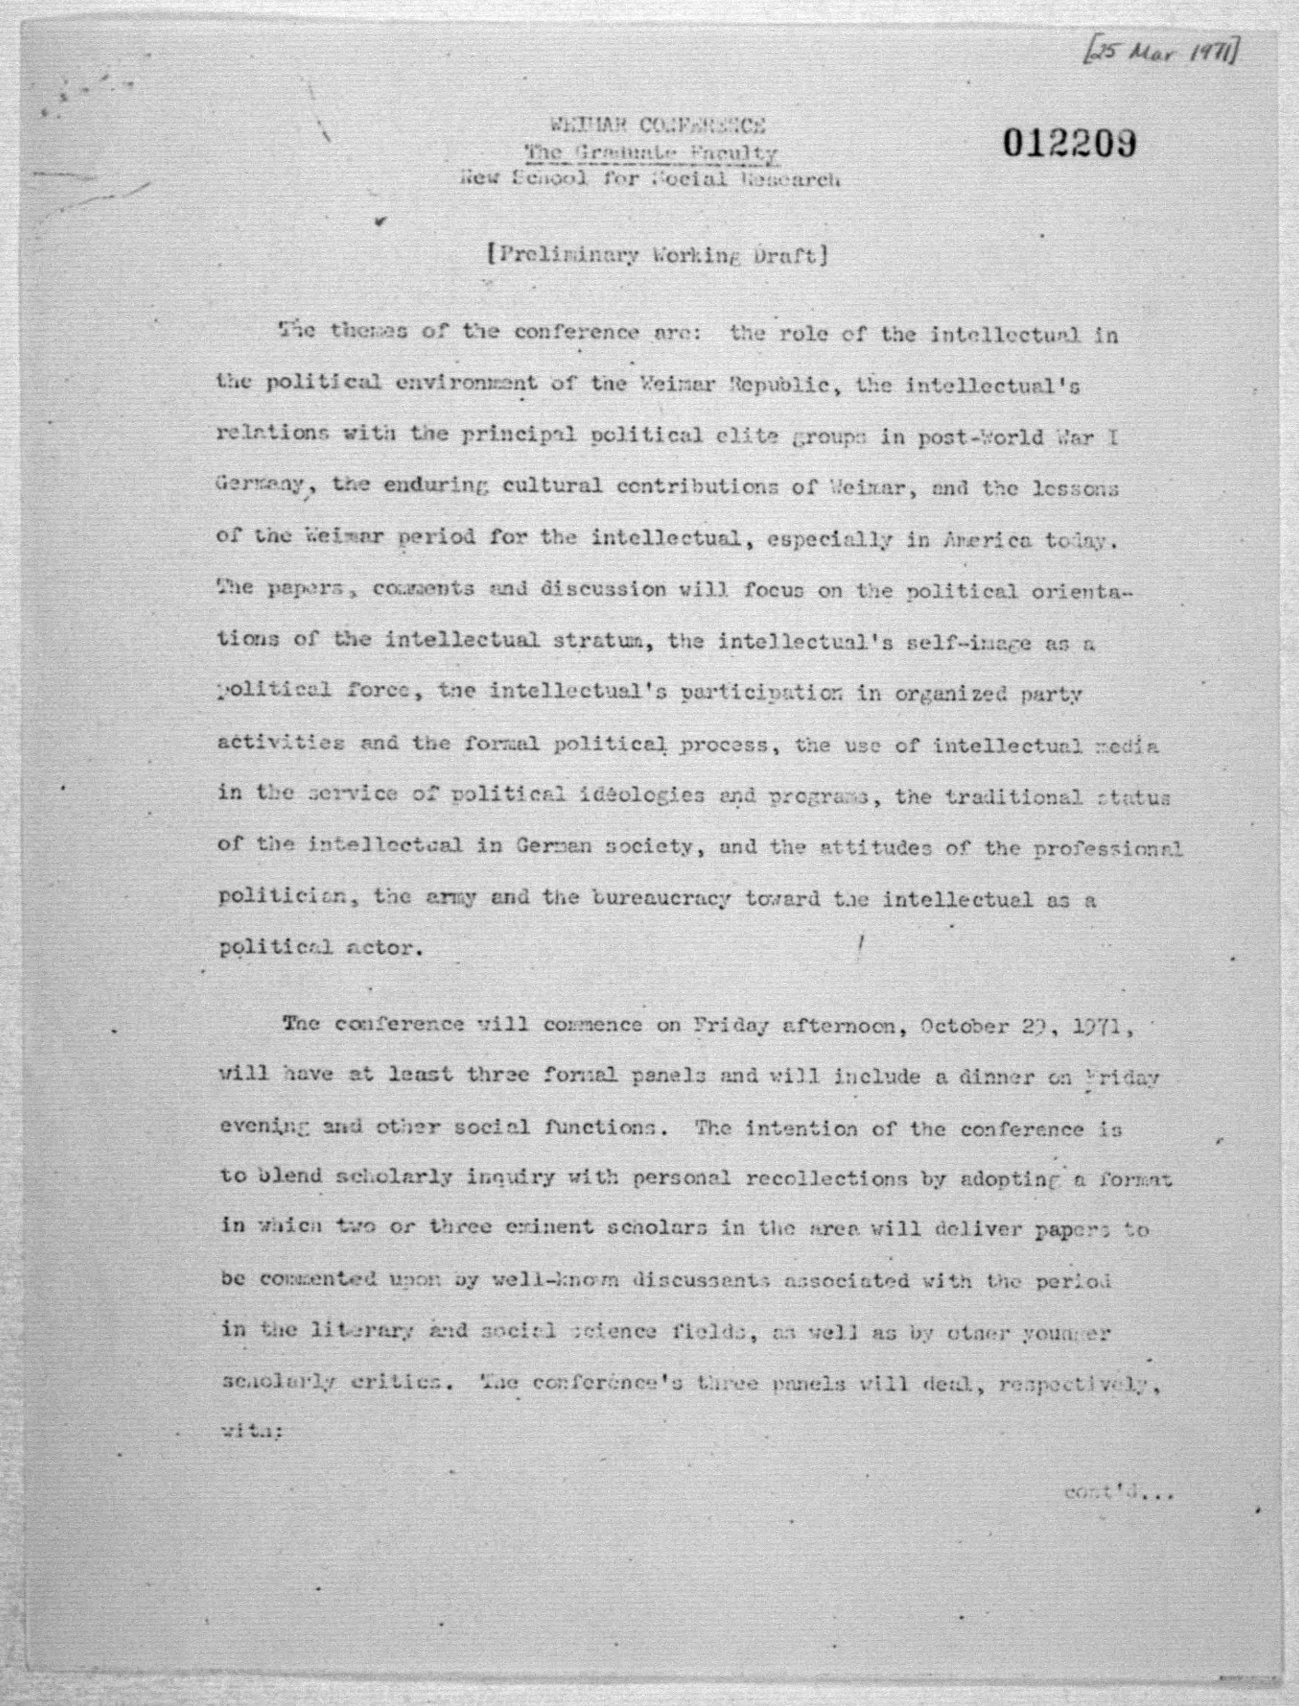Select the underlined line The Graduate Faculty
click(651, 153)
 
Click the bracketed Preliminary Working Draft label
click(658, 255)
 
